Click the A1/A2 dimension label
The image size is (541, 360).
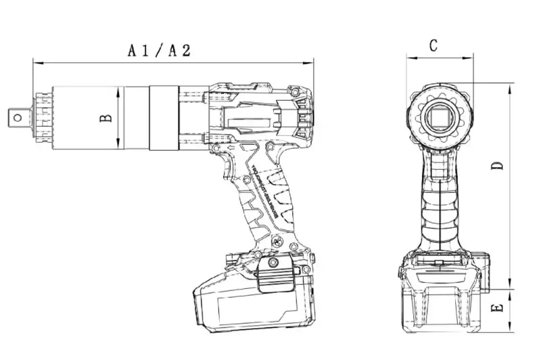[160, 50]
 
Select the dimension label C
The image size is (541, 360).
[433, 45]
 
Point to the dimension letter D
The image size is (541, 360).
[498, 166]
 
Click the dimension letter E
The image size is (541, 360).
[498, 308]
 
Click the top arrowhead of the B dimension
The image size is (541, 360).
[119, 89]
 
